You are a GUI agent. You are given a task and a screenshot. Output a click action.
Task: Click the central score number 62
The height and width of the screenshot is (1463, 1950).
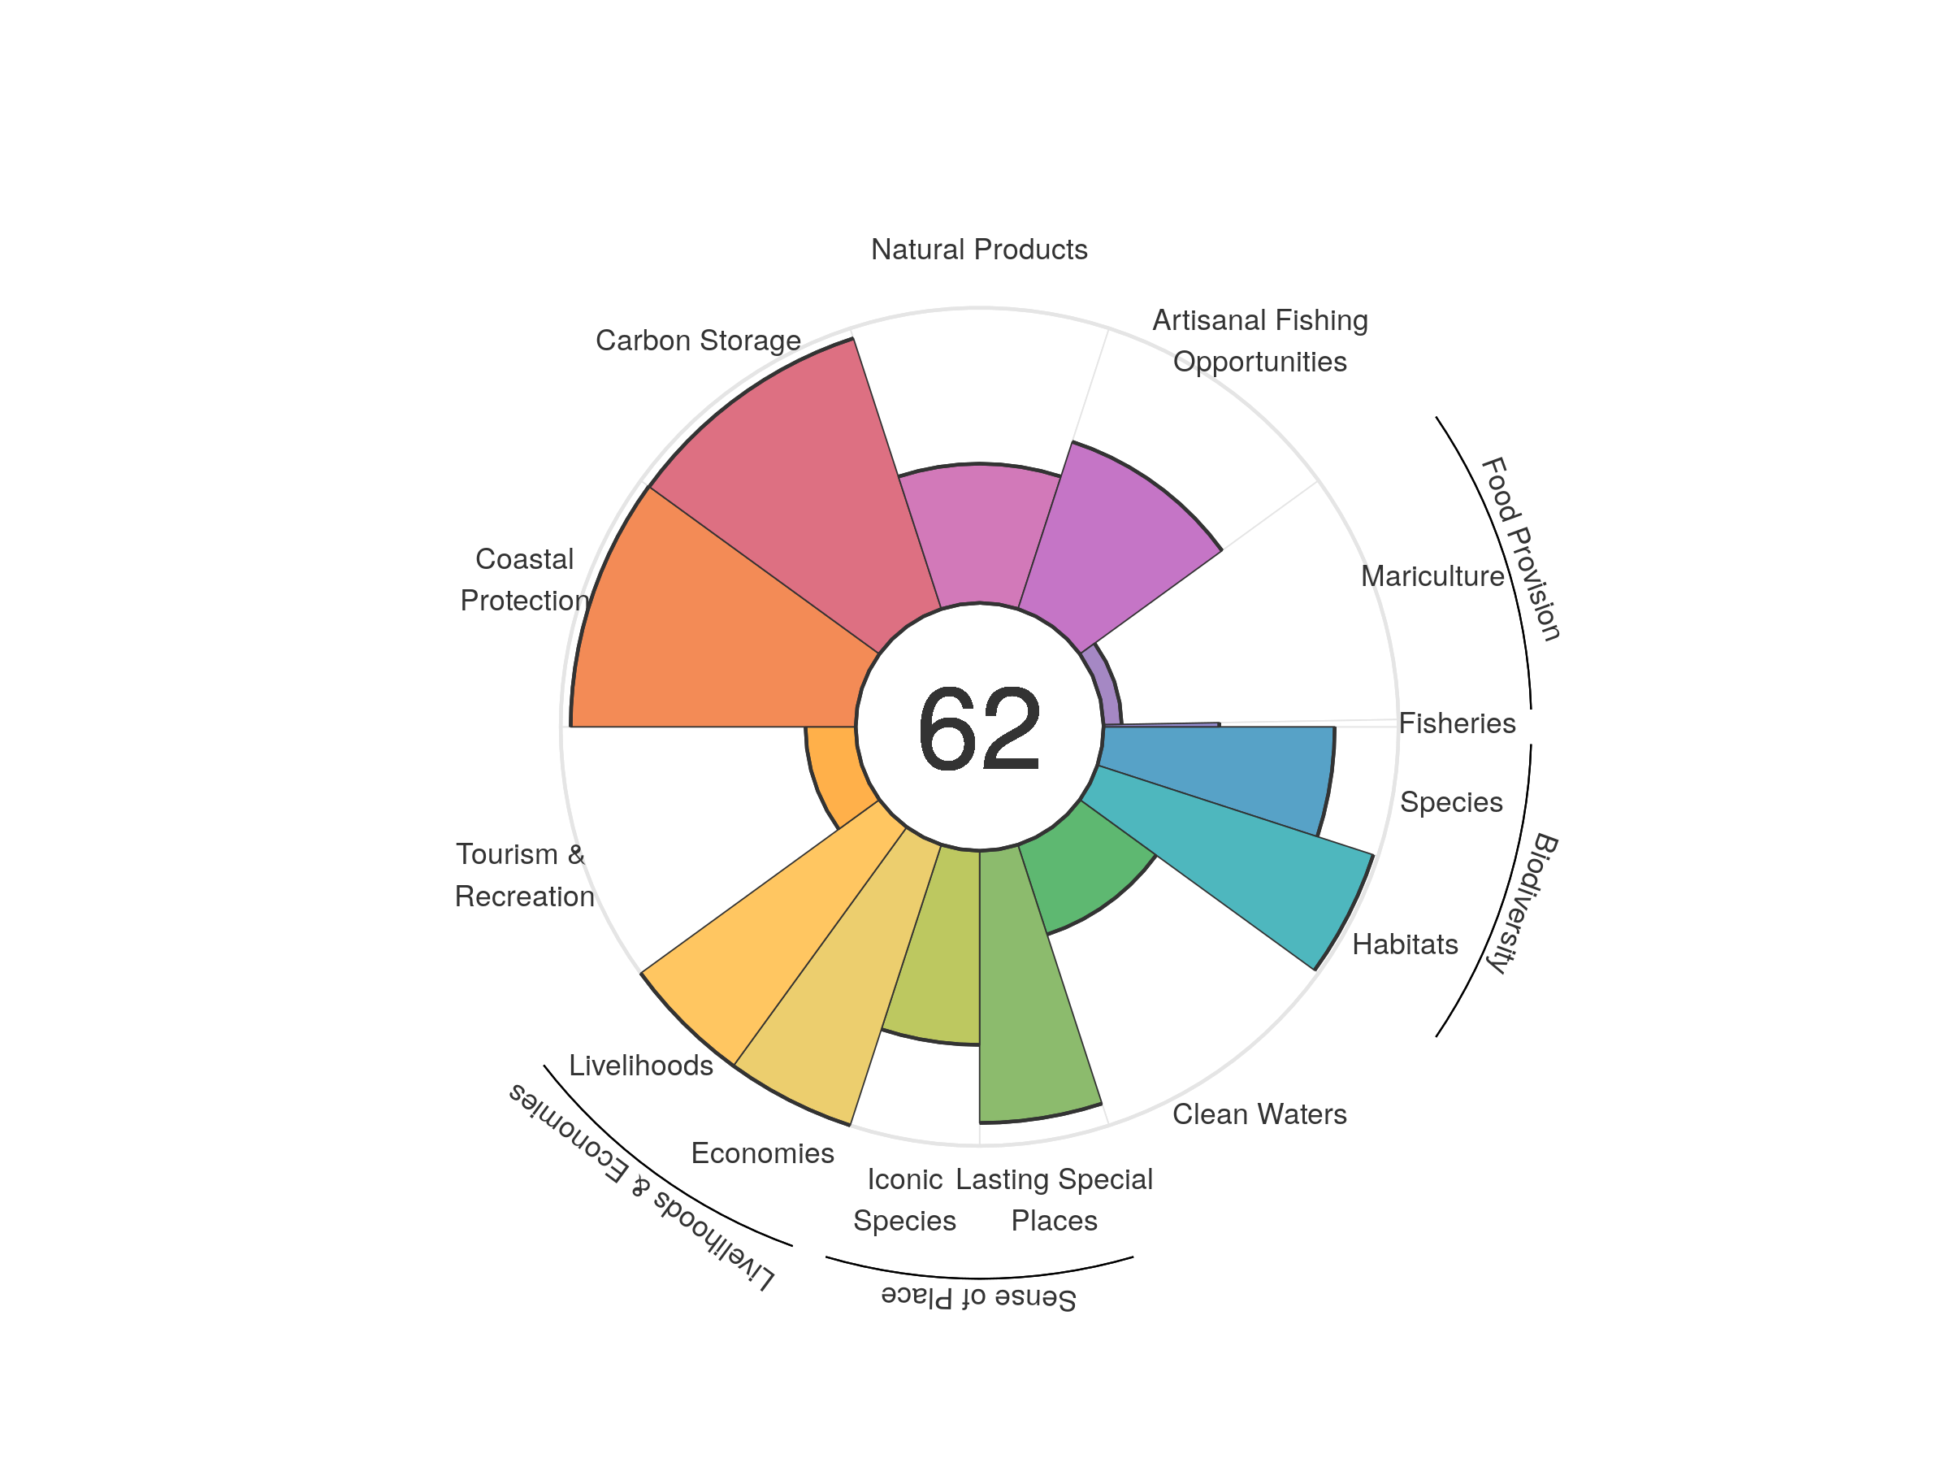point(978,728)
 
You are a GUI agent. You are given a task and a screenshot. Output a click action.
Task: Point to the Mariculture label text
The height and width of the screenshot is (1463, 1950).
point(1432,575)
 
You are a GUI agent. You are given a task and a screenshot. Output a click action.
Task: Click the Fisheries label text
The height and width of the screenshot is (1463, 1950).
point(1456,723)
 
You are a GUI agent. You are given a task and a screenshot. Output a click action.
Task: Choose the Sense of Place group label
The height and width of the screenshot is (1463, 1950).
point(978,1297)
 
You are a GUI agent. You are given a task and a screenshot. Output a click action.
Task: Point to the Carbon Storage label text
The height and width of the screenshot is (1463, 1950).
point(697,341)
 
